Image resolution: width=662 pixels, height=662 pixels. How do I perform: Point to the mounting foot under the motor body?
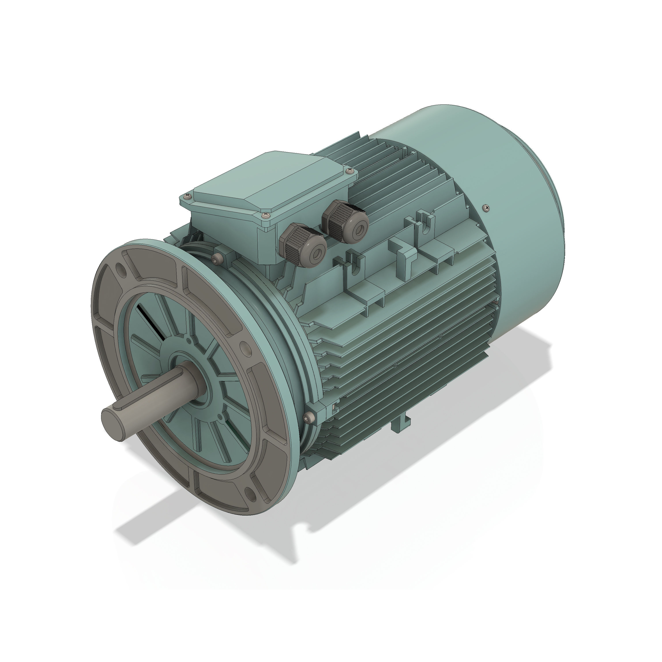pos(401,425)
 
